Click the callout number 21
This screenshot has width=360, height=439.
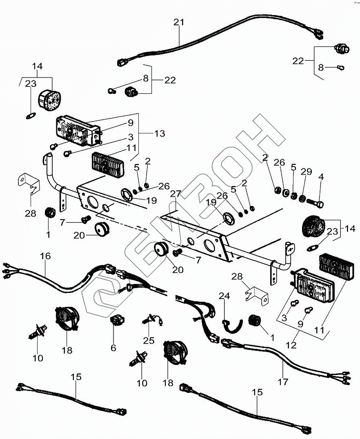tap(179, 22)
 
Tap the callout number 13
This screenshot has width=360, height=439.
tap(160, 133)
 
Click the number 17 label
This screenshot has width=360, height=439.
tap(282, 382)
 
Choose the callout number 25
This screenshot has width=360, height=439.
tap(149, 340)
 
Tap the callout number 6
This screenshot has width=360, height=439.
tap(113, 348)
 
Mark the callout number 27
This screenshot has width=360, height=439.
tap(175, 194)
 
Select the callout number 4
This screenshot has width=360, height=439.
tap(321, 177)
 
